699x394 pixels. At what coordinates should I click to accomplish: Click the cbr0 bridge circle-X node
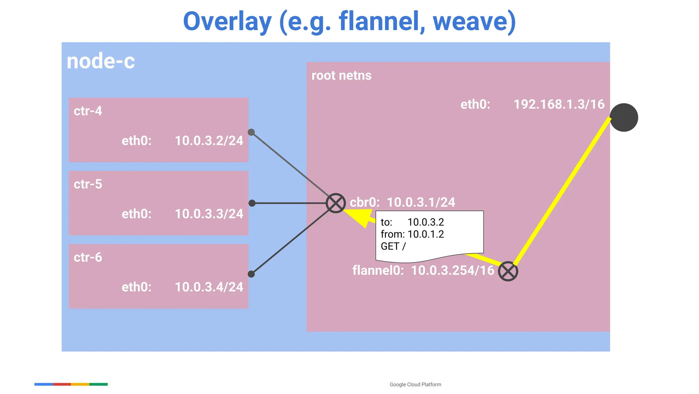click(336, 203)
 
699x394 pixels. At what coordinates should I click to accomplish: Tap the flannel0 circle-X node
click(508, 272)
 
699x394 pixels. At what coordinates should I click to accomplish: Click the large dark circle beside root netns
click(624, 118)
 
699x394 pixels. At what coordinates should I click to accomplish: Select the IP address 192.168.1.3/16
click(559, 105)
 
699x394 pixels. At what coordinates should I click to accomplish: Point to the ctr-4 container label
click(88, 111)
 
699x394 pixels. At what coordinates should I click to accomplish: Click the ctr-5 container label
click(88, 184)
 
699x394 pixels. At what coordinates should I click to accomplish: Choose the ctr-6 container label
click(88, 257)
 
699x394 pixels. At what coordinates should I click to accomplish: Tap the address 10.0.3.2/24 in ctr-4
click(209, 141)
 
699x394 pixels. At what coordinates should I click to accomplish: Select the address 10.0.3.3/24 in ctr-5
click(209, 214)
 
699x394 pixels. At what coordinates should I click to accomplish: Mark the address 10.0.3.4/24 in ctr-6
click(209, 287)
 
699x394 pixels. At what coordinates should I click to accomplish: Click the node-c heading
click(101, 62)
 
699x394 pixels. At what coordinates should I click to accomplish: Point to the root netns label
click(341, 76)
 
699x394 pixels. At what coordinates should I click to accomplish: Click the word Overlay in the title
click(227, 21)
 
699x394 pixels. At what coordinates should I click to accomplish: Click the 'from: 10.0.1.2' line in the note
click(412, 234)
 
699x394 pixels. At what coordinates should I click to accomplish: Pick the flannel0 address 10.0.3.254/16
click(453, 271)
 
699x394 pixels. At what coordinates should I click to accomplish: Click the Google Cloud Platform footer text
click(415, 384)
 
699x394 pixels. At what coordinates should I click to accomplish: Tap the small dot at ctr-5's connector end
click(252, 203)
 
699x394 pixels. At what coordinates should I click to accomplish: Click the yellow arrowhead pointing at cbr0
click(360, 217)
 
